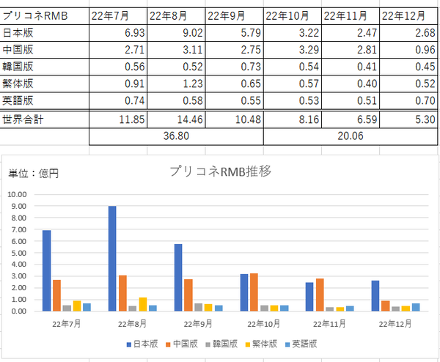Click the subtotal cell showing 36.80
[x=176, y=136]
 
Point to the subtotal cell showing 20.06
[x=351, y=136]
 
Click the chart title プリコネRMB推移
[x=221, y=171]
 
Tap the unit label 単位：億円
[x=34, y=174]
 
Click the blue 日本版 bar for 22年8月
[x=112, y=259]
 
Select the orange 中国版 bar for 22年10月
[x=254, y=292]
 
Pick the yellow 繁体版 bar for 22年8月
[x=143, y=304]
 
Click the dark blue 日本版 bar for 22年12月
[x=375, y=296]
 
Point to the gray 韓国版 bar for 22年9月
[x=199, y=307]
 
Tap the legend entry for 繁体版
[x=261, y=344]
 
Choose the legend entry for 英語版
[x=301, y=344]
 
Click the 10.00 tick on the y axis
[x=17, y=194]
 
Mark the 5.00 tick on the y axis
[x=18, y=253]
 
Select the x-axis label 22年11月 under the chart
[x=329, y=324]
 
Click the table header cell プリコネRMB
[x=35, y=16]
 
